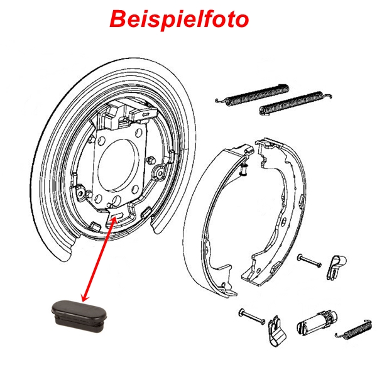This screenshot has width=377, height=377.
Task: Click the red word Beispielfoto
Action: [x=179, y=19]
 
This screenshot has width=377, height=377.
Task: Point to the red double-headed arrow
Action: [x=99, y=259]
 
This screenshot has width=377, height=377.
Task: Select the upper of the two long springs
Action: [x=253, y=94]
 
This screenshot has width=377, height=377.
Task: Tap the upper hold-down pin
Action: [x=309, y=261]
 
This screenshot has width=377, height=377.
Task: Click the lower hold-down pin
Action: [x=252, y=317]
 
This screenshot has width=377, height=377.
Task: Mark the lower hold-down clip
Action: [x=276, y=331]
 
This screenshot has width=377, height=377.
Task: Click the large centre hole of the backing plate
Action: [x=118, y=165]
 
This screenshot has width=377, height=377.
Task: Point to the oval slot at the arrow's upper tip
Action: [x=118, y=215]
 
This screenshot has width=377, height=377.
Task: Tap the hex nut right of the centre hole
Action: [x=151, y=160]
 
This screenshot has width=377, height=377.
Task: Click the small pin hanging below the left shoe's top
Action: [x=244, y=170]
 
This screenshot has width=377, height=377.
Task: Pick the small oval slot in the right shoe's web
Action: [x=285, y=221]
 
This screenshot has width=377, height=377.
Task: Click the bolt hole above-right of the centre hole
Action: [x=139, y=132]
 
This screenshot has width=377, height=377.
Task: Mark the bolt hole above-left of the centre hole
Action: [x=102, y=141]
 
